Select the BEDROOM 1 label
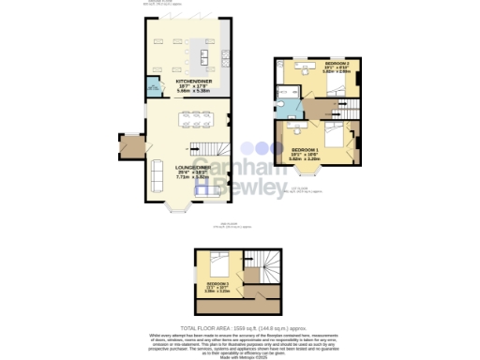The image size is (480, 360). [x=306, y=150]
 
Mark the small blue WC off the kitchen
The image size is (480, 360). [x=153, y=88]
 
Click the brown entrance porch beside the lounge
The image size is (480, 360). [x=129, y=146]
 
